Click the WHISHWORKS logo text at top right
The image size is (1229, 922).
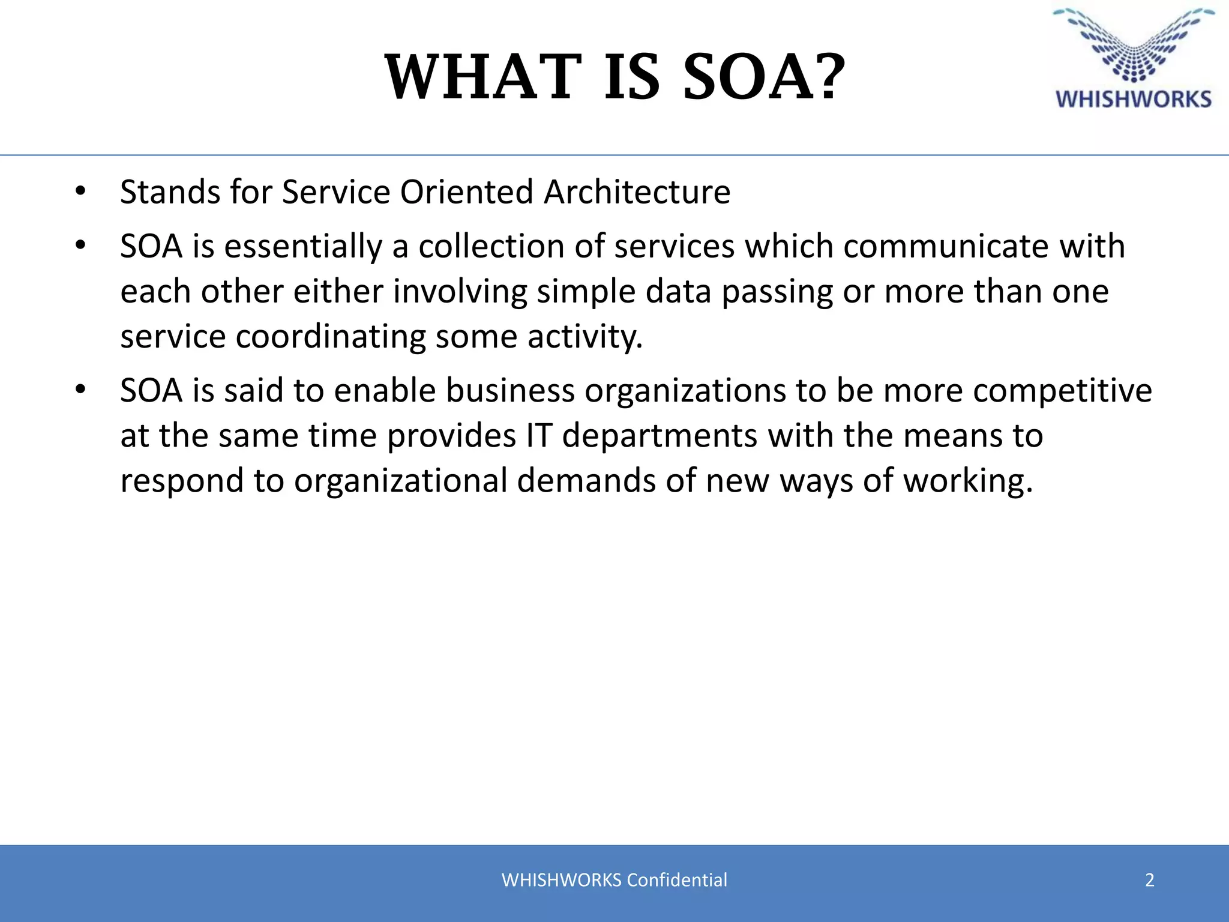click(1134, 99)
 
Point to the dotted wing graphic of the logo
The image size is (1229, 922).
click(1134, 45)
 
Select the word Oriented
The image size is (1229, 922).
click(466, 192)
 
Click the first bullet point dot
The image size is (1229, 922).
click(80, 192)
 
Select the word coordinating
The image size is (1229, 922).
click(331, 337)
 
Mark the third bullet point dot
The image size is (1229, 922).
click(80, 391)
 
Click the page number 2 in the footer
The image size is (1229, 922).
click(1149, 880)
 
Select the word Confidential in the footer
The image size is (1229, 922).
click(676, 880)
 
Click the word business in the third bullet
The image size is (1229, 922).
click(510, 391)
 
